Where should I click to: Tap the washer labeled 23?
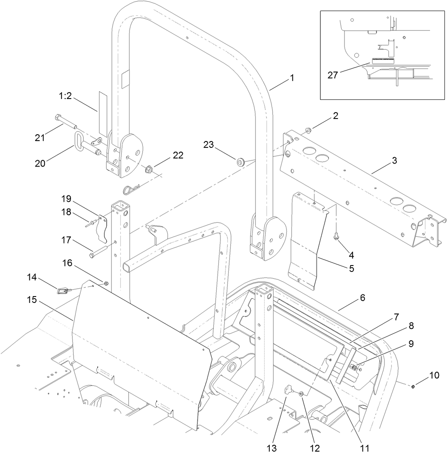pos(240,162)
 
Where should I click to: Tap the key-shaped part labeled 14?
pos(62,291)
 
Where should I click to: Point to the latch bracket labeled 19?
pos(102,228)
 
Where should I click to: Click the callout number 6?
pos(362,298)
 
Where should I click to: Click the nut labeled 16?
pos(106,283)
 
